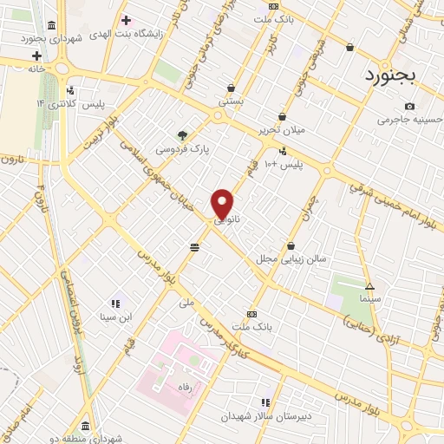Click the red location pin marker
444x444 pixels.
pos(223,203)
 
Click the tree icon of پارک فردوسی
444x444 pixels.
pos(182,134)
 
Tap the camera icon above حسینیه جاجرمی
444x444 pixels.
pos(409,106)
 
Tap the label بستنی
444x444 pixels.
pos(230,101)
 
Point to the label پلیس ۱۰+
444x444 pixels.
pos(285,165)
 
